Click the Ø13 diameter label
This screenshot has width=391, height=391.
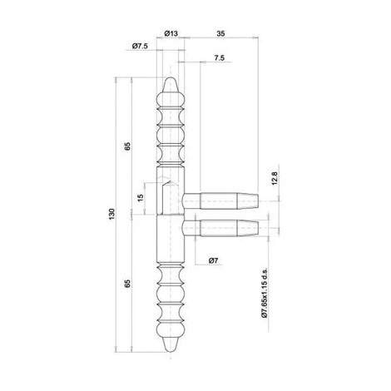171,33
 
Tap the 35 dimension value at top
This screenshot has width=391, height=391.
220,33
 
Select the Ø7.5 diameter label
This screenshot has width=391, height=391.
140,46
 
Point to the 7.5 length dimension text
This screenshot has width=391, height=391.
219,58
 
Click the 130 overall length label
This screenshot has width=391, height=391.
111,214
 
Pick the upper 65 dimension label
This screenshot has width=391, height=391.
127,146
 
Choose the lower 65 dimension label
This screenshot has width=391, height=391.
127,284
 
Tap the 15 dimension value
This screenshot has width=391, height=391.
141,197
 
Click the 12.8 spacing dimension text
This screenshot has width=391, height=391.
275,178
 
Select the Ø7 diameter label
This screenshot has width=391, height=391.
213,260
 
